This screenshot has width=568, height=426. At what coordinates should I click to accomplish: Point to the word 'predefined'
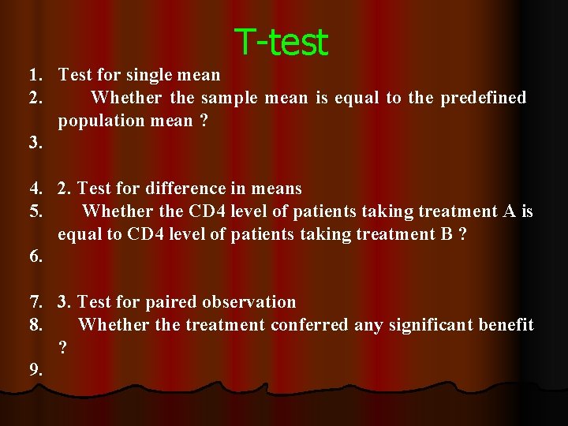(483, 98)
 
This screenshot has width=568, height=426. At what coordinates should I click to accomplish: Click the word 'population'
(97, 121)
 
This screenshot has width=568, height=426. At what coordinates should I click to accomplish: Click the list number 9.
(35, 370)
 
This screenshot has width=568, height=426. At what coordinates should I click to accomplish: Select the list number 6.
(35, 257)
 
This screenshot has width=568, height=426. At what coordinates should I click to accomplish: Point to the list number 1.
(35, 75)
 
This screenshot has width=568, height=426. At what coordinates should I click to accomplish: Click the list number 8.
(35, 325)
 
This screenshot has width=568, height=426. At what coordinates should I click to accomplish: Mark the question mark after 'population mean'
(204, 121)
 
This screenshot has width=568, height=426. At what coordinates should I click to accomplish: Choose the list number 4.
(35, 189)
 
